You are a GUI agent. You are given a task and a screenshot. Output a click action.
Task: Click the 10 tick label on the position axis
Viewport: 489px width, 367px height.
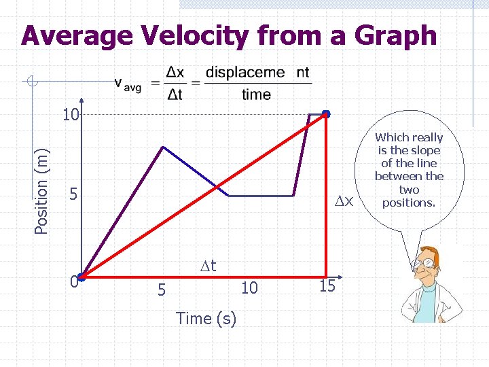coord(71,115)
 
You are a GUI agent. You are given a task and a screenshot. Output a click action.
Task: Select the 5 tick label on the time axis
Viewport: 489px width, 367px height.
coord(162,290)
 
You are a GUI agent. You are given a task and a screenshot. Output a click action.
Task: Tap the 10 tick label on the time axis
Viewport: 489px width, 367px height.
coord(249,288)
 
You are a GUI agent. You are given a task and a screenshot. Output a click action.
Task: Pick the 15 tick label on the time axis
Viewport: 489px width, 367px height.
coord(327,286)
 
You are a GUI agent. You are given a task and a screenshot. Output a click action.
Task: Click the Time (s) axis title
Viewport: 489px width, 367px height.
coord(206,318)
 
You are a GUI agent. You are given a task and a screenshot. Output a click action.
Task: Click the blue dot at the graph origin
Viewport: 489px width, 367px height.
coord(81,277)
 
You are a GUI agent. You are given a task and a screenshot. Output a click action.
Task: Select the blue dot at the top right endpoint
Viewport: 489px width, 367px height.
coord(326,113)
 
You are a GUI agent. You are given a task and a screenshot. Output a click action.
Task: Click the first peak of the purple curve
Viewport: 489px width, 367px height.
coord(162,147)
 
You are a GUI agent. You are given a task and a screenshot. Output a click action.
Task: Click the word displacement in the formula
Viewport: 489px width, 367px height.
coord(257,73)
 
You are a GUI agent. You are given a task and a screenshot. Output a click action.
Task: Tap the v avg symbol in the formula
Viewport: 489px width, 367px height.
coord(127,84)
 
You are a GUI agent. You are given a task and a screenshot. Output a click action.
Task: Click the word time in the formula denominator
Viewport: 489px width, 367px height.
coord(256,95)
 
